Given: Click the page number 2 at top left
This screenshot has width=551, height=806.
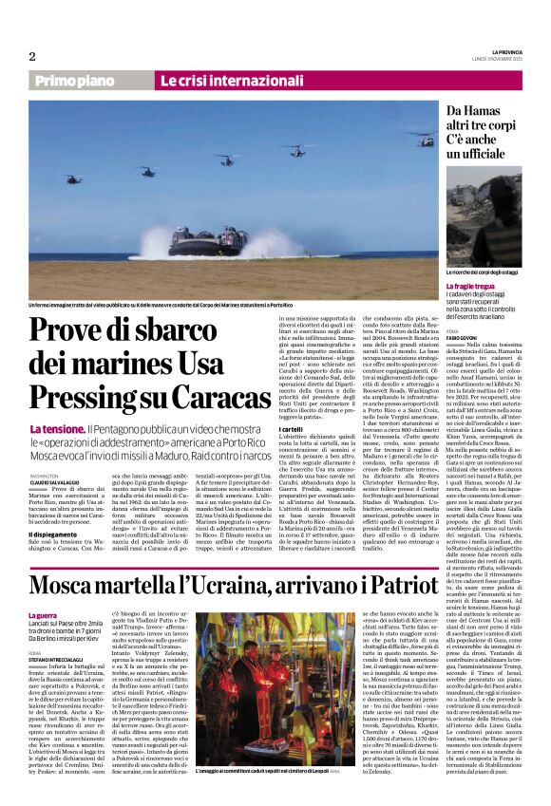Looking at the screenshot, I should (x=32, y=56).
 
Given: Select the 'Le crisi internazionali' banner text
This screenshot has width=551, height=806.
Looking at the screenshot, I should (x=219, y=82).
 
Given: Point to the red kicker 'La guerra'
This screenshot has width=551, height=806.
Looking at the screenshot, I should (x=43, y=615).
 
